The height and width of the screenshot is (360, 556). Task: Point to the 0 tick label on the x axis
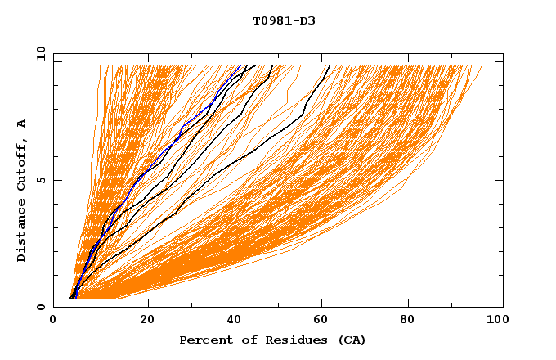pos(53,320)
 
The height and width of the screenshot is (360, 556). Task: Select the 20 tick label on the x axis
pos(146,320)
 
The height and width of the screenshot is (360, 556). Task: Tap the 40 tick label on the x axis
pos(234,320)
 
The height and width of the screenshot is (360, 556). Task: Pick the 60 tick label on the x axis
pos(322,320)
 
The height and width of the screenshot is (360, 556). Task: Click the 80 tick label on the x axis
pos(410,320)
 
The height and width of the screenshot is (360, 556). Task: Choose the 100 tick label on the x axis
pos(495,320)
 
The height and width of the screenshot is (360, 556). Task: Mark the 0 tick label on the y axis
pos(40,307)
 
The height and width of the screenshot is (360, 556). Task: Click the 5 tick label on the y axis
pos(40,180)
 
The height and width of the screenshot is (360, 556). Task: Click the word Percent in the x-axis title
pos(202,340)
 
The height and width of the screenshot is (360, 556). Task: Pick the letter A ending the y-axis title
pos(22,124)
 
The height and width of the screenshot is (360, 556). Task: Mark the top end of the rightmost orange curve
pos(482,66)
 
